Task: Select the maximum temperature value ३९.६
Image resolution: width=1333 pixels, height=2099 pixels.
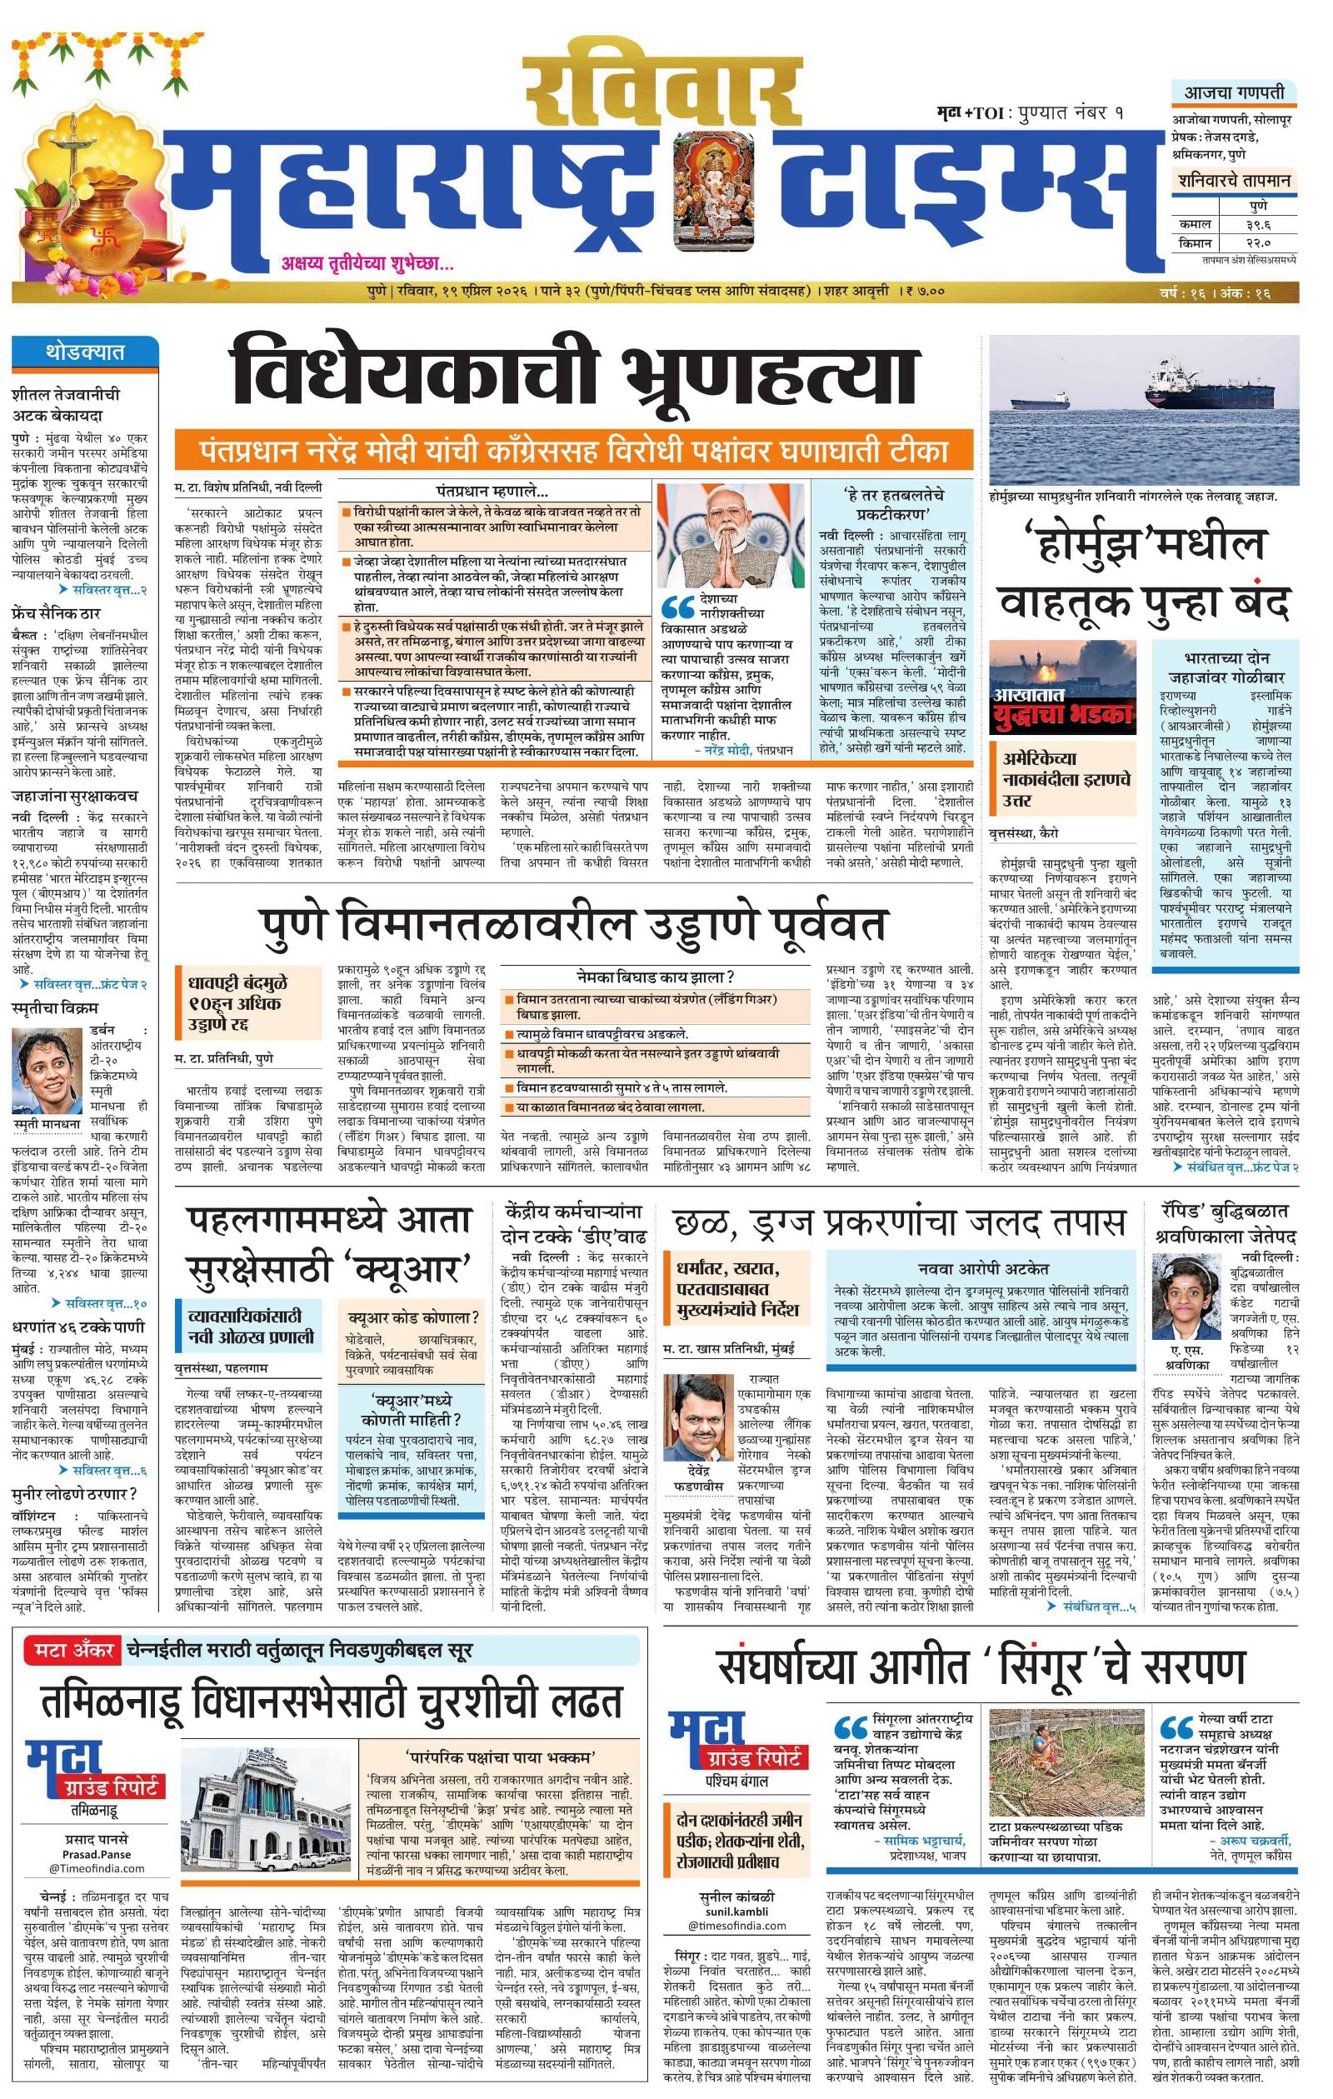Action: pyautogui.click(x=1258, y=225)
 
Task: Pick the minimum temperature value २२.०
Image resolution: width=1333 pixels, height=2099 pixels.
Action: pyautogui.click(x=1258, y=243)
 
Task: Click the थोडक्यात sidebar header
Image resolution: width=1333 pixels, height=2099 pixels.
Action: pyautogui.click(x=85, y=352)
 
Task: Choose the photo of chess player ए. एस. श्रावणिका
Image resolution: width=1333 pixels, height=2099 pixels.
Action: pyautogui.click(x=1186, y=1297)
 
